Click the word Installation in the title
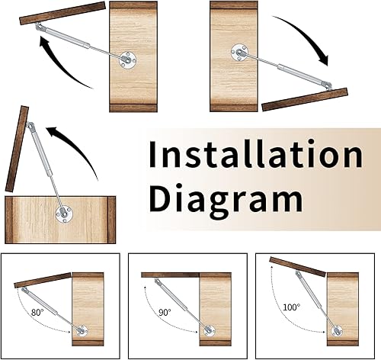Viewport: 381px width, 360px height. click(256, 154)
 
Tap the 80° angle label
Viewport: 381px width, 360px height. click(37, 312)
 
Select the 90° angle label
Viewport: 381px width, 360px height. click(165, 312)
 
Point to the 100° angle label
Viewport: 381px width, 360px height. click(291, 307)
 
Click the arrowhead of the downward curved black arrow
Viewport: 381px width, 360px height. click(323, 59)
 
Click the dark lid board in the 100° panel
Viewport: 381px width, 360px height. click(297, 267)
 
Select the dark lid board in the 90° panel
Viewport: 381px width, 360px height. click(170, 275)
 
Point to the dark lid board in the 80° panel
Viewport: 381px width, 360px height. click(43, 280)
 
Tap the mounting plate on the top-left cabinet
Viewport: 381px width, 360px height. click(128, 60)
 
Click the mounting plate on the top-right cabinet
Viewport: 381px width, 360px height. click(240, 53)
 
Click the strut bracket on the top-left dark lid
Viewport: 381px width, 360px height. click(40, 27)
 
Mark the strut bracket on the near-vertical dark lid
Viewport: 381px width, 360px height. click(30, 126)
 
